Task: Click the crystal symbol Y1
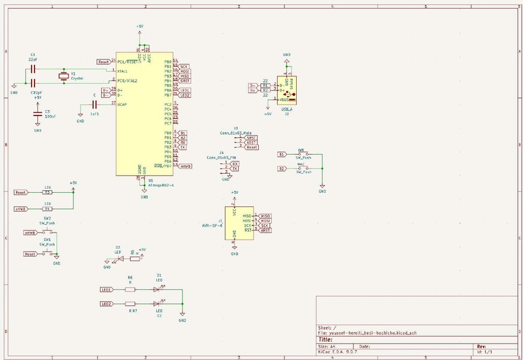[63, 77]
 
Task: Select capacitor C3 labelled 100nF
[37, 115]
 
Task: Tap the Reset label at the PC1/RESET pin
[103, 61]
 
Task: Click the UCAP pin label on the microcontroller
[122, 104]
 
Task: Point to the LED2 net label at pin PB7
[185, 95]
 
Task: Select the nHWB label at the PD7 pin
[185, 167]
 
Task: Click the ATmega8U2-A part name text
[160, 186]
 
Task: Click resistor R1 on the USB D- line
[265, 85]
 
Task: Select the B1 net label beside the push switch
[281, 154]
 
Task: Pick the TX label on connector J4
[235, 169]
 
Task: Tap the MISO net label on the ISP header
[265, 216]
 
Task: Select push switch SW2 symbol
[48, 233]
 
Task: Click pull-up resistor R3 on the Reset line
[47, 193]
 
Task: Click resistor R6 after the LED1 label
[130, 289]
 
